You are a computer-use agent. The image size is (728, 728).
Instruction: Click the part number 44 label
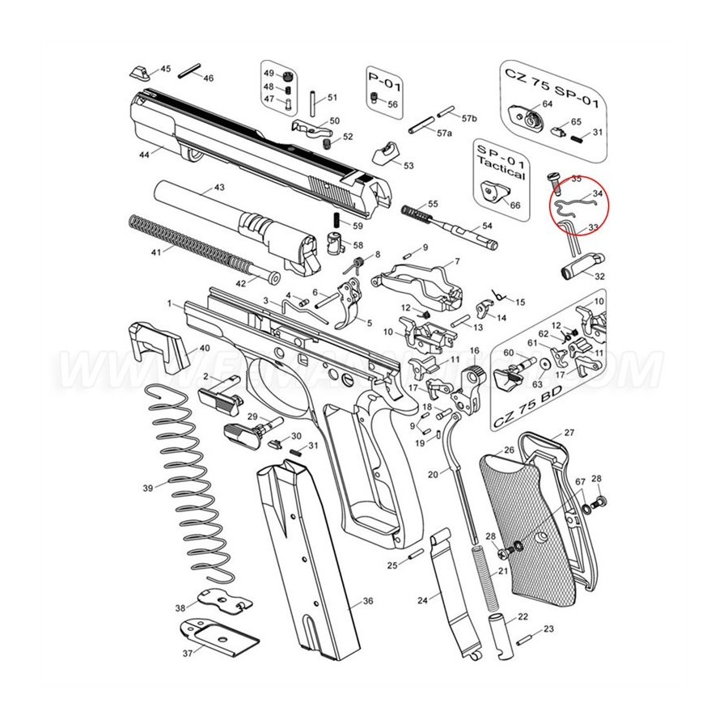(145, 153)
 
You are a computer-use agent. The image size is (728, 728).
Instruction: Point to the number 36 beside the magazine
(367, 602)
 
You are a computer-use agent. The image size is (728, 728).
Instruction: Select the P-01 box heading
(385, 84)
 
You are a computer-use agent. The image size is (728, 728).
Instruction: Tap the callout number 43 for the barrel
(218, 188)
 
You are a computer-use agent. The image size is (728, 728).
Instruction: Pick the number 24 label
(422, 601)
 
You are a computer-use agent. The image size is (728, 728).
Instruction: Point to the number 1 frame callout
(171, 303)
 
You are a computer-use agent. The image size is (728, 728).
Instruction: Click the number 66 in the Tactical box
(514, 205)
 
